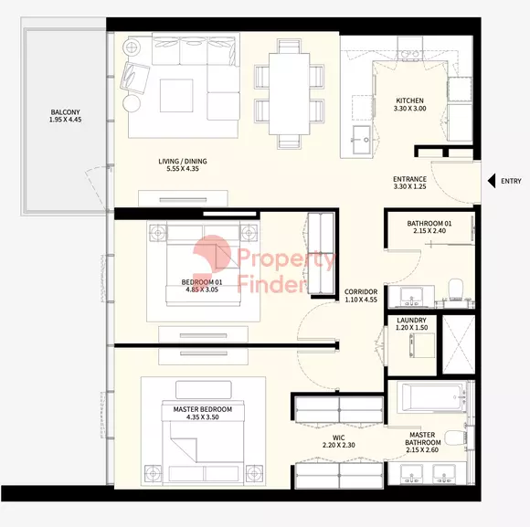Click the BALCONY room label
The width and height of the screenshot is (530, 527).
click(x=65, y=111)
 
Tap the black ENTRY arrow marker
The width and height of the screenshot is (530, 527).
click(x=492, y=181)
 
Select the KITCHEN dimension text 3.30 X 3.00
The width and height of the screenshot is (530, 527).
click(x=409, y=109)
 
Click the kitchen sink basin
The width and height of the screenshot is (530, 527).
click(x=362, y=140)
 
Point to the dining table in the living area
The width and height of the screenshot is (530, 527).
click(x=290, y=94)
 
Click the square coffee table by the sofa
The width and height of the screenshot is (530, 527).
click(x=176, y=96)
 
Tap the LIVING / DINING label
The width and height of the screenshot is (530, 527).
click(x=183, y=161)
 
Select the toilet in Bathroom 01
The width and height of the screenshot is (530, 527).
click(x=456, y=290)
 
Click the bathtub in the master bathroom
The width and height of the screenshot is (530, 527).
click(x=431, y=397)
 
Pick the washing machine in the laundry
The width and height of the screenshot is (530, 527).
click(x=422, y=345)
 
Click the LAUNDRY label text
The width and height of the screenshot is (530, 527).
click(x=411, y=320)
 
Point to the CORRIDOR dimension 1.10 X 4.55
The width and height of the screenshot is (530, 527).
click(x=361, y=300)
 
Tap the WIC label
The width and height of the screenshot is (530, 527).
click(x=338, y=437)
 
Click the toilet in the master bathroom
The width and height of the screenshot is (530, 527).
click(x=455, y=438)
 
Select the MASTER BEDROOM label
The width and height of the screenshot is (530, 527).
click(x=203, y=409)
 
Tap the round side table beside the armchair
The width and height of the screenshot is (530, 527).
click(x=132, y=103)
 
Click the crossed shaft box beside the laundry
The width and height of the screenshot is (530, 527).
click(x=459, y=344)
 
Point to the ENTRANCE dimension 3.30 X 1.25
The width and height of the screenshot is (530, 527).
click(x=409, y=186)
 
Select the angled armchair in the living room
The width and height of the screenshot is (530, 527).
click(x=134, y=78)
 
